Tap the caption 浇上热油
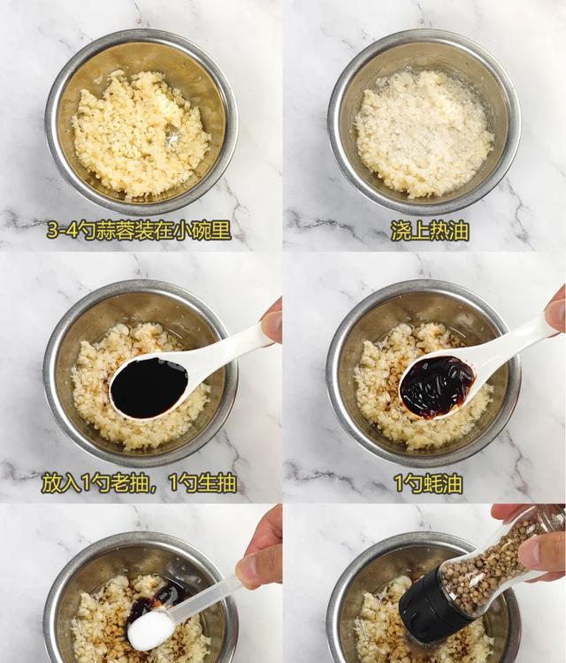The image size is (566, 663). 430,232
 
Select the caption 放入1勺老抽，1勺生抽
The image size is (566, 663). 139,484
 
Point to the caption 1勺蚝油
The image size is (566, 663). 428,484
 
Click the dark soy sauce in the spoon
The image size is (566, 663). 149,387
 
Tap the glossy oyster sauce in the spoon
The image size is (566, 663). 437,387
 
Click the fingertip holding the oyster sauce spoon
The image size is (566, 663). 555,311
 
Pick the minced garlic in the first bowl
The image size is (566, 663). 141,134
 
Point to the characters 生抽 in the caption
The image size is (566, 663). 217,484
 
